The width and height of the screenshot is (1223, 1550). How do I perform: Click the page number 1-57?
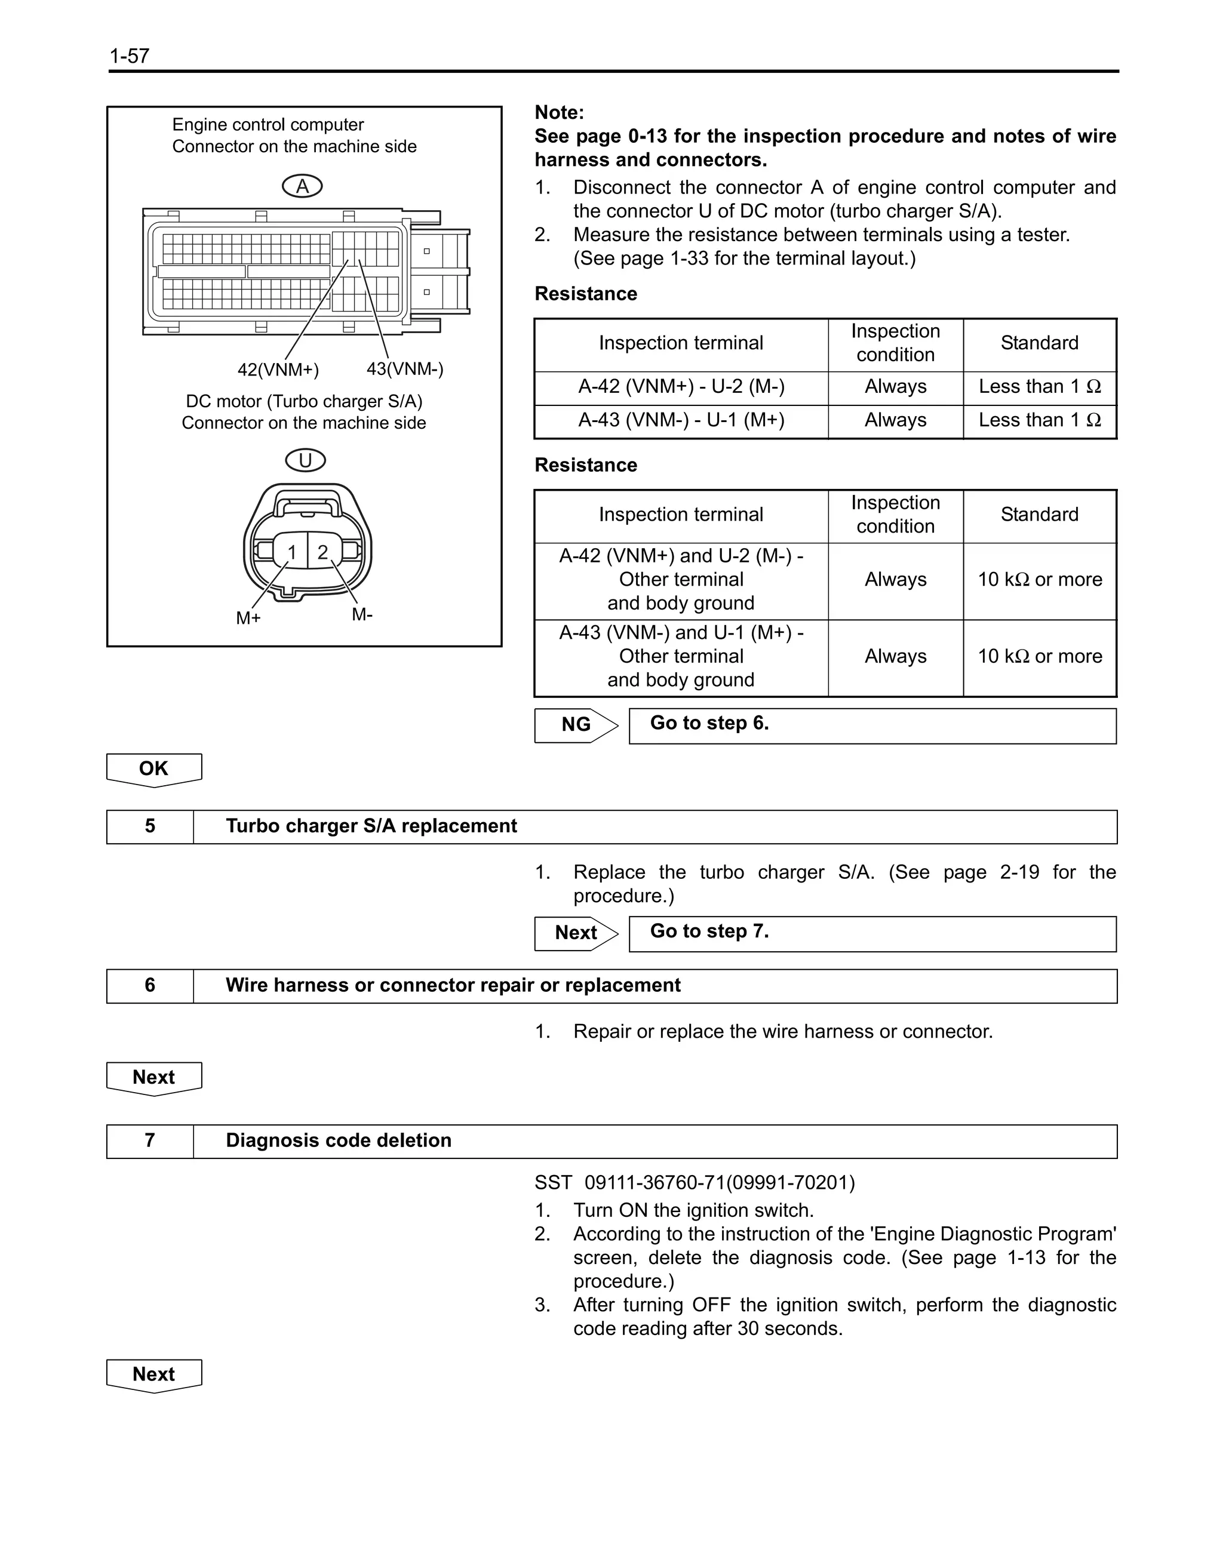130,56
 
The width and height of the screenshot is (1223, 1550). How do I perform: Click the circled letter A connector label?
302,187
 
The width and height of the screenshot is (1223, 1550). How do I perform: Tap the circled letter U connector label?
305,460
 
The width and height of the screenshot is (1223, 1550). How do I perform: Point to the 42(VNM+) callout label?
278,370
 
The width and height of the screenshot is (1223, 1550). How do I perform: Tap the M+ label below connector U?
248,618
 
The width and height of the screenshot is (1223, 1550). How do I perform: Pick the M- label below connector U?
362,614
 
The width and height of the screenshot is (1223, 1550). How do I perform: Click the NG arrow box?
576,725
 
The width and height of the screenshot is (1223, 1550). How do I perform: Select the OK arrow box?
154,769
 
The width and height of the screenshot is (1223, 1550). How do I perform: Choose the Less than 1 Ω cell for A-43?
1039,420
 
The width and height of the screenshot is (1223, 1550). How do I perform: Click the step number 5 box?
150,826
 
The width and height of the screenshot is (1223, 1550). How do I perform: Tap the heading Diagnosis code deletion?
339,1140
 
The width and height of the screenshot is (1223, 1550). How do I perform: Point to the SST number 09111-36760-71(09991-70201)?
695,1182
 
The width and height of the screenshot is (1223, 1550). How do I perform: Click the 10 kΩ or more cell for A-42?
1039,580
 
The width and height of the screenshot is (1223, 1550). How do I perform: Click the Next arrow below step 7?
154,1374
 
